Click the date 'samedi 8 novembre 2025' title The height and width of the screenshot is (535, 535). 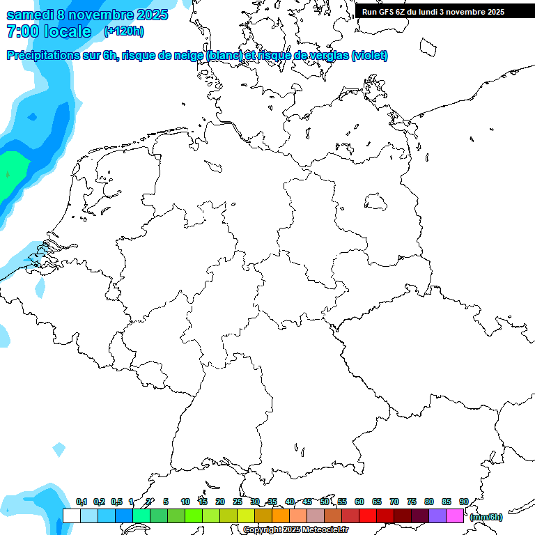(87, 15)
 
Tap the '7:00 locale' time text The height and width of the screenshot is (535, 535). (49, 31)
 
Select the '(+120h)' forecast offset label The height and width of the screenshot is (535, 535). (123, 31)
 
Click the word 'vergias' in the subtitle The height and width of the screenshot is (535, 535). (329, 56)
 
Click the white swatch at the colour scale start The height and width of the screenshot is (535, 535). (72, 515)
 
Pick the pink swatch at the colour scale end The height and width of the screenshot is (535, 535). (455, 515)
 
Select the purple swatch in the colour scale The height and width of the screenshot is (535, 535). (437, 515)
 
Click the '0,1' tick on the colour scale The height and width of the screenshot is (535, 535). (82, 502)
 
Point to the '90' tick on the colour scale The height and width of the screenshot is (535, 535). (463, 502)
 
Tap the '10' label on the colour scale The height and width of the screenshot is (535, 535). (185, 502)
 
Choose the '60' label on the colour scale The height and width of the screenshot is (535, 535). (359, 502)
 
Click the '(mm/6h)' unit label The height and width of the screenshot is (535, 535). (486, 517)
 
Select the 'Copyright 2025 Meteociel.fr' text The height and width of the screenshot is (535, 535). (296, 530)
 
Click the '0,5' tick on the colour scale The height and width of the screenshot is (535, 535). (116, 502)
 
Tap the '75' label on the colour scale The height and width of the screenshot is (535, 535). (412, 502)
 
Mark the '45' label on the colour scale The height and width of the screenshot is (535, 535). (307, 502)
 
